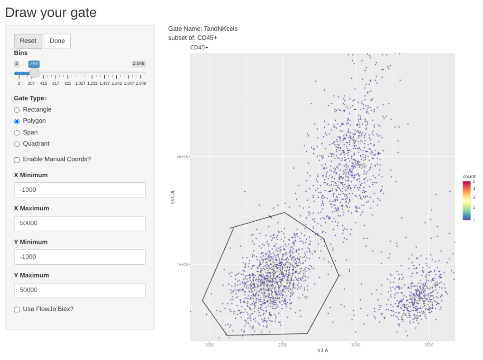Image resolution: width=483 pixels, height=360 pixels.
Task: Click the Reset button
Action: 28,41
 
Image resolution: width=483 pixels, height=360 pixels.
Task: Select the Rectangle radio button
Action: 17,110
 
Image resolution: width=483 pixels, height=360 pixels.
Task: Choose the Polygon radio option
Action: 17,121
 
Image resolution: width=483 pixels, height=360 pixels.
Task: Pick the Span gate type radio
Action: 17,133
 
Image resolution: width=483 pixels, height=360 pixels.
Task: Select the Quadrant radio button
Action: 17,144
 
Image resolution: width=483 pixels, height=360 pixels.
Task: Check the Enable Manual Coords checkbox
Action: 17,160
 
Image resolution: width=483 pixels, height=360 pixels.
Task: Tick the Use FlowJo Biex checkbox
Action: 17,309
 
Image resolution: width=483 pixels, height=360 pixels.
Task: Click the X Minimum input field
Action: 80,190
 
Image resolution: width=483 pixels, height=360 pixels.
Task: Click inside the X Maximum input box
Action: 80,224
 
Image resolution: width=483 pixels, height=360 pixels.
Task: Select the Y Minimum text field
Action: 80,257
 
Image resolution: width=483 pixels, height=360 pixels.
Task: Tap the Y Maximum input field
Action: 80,290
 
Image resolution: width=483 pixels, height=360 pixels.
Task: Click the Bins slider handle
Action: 34,73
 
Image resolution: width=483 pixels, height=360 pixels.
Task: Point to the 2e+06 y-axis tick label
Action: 183,156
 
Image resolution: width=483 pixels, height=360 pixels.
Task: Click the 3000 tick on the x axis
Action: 356,345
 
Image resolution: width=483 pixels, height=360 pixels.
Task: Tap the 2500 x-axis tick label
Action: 283,345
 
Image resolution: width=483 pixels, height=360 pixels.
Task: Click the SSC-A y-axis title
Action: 173,197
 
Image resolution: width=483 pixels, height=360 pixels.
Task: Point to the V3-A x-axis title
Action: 322,350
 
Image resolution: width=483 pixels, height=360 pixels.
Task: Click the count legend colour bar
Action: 467,200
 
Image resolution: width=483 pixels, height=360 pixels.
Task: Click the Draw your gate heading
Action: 51,12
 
